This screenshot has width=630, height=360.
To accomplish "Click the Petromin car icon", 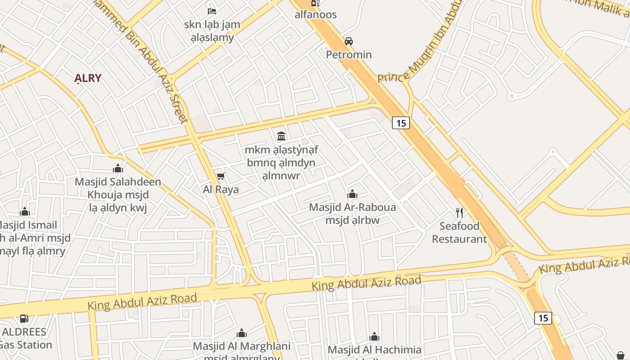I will click(349, 41).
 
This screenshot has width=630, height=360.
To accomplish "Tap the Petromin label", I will click(349, 54).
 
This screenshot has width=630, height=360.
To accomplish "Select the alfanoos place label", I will click(315, 14).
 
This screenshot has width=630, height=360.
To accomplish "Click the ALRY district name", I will click(88, 78).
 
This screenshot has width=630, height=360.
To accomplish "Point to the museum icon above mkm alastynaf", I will click(281, 135).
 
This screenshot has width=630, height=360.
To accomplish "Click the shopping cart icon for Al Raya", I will click(220, 176).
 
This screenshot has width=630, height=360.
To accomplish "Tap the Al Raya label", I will click(220, 189).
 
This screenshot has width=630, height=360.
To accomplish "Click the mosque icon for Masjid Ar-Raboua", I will click(352, 194).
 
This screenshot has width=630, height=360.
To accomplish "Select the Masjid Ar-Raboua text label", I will click(352, 207).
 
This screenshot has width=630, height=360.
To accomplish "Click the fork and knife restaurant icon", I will click(459, 212).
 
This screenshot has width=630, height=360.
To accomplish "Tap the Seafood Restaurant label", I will click(459, 232).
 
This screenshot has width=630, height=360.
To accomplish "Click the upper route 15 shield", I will click(400, 122).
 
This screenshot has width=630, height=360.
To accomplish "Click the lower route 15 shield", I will click(543, 318).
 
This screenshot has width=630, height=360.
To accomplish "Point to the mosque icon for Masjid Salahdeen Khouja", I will click(118, 168).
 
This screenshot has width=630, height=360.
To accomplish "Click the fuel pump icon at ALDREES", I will click(24, 318).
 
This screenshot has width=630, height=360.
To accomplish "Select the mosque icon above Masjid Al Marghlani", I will click(242, 333).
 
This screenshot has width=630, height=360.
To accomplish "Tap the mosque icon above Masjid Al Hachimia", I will click(374, 337).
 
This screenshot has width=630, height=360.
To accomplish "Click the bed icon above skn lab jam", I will click(212, 10).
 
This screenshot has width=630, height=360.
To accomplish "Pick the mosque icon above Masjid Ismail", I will click(25, 211).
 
